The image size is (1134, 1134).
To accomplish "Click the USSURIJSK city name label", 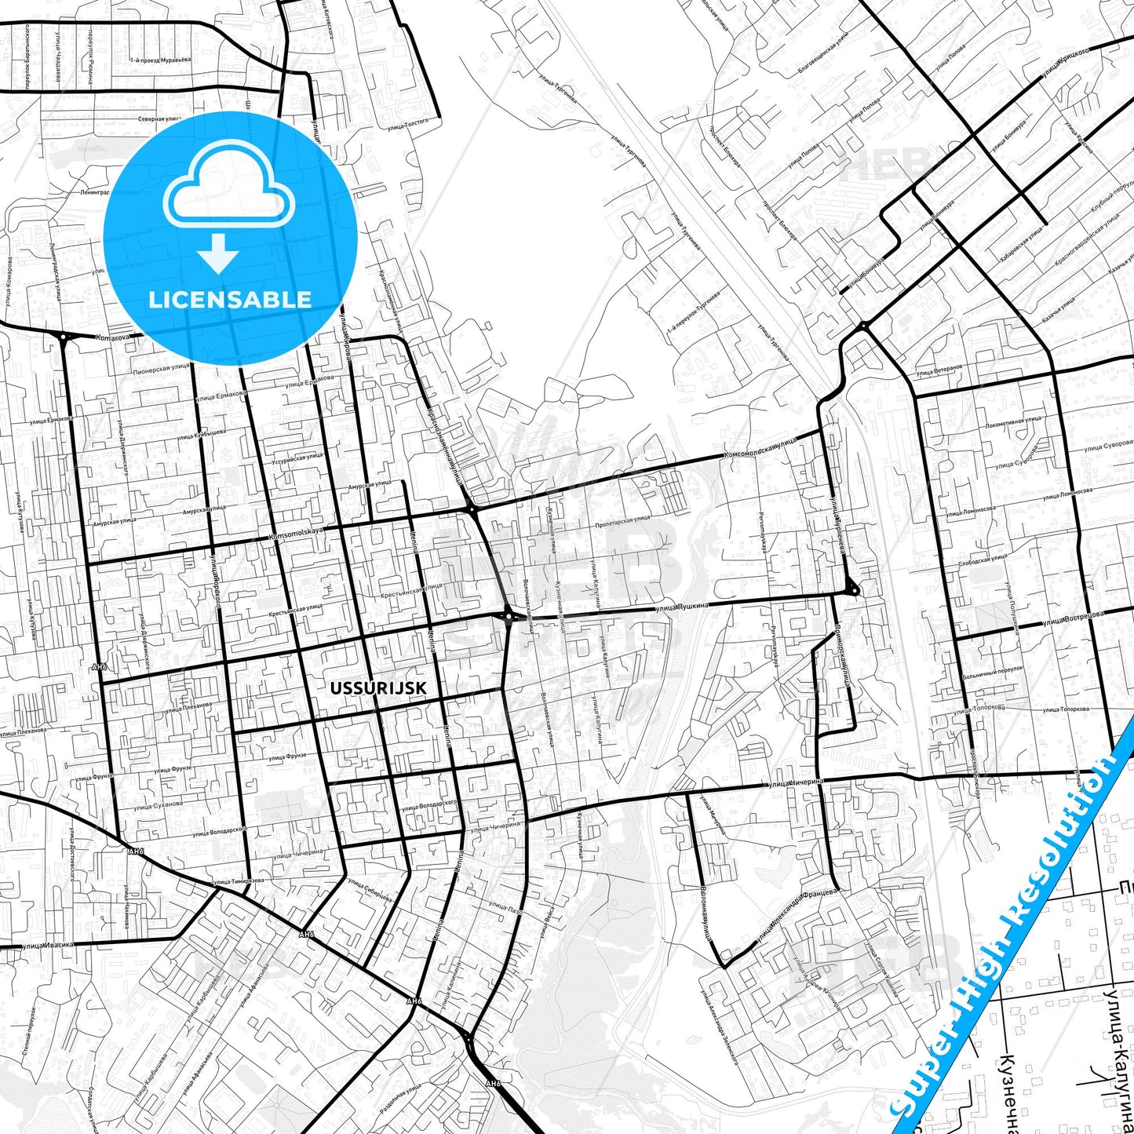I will (x=378, y=688).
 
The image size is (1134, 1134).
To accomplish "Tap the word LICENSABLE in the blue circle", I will (x=230, y=299).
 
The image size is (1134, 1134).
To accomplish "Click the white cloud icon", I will (x=228, y=186).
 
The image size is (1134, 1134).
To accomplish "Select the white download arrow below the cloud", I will (x=218, y=253).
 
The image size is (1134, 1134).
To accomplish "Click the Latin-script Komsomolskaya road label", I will (x=296, y=534).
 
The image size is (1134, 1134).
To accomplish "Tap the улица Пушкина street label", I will (x=681, y=606).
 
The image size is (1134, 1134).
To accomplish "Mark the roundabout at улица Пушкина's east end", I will (x=852, y=589).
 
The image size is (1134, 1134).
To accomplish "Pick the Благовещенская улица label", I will (x=823, y=55).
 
